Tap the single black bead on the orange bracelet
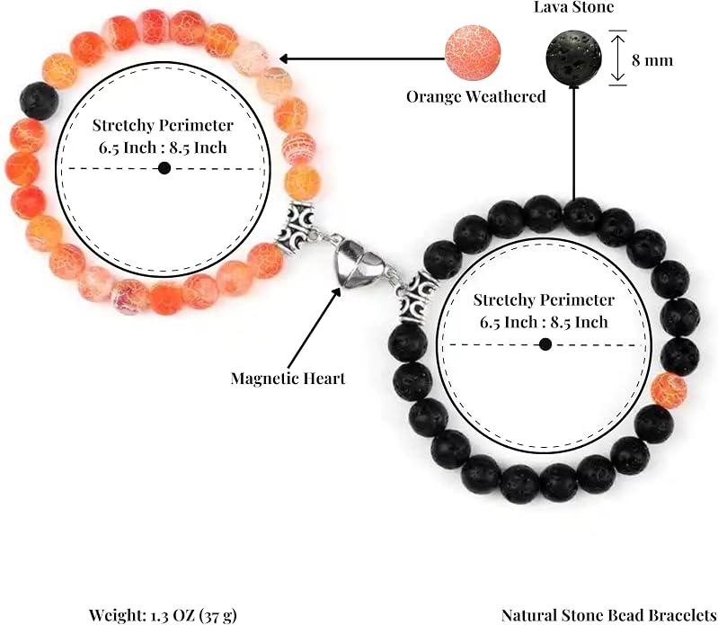[40, 101]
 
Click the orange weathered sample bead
[473, 53]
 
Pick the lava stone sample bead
[573, 58]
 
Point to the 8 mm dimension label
[652, 60]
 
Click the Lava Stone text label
[573, 6]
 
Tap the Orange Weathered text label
[476, 96]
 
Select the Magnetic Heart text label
[288, 379]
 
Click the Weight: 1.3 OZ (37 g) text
[163, 615]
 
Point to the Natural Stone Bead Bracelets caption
[609, 615]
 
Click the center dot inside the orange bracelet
[164, 168]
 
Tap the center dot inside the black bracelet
[545, 344]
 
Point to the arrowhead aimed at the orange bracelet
[284, 58]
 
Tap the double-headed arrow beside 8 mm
[617, 58]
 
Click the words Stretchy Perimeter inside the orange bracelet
[163, 125]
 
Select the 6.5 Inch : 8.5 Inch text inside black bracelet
[544, 322]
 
